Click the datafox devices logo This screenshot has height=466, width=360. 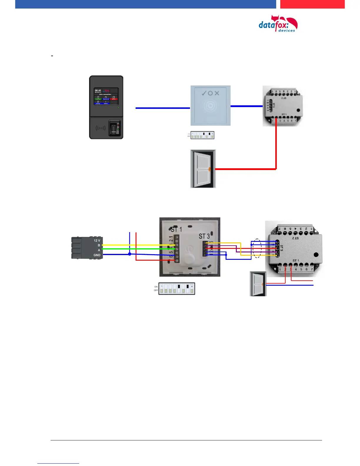(x=278, y=24)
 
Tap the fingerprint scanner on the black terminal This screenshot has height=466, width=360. (x=114, y=128)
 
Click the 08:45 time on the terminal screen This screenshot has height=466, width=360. (x=98, y=91)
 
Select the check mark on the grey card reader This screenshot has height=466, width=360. (x=204, y=93)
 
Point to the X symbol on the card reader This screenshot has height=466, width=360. (x=217, y=93)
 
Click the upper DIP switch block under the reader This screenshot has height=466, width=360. (x=202, y=135)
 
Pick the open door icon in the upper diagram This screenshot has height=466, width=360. (x=203, y=169)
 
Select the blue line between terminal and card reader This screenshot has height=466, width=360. (x=163, y=108)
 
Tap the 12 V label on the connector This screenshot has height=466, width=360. (x=97, y=240)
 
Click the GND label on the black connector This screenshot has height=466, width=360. (x=97, y=255)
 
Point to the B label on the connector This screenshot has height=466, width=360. (x=99, y=245)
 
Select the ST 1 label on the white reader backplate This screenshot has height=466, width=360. (x=176, y=229)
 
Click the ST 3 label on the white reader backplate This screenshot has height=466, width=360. (x=204, y=236)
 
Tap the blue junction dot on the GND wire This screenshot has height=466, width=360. (x=130, y=254)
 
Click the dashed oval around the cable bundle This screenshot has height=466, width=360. (x=257, y=248)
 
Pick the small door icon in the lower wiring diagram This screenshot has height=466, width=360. (x=258, y=284)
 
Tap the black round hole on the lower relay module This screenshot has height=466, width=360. (x=316, y=255)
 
